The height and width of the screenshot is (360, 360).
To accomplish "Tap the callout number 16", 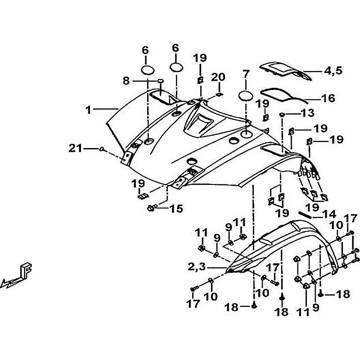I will tap(328, 98).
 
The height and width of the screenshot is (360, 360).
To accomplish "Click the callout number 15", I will tap(176, 208).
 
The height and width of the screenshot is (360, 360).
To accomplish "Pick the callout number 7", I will tap(246, 73).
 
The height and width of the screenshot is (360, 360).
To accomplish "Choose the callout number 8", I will tap(126, 81).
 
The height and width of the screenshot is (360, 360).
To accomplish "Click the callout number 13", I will tap(307, 112).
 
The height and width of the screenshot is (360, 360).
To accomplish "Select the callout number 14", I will tap(329, 214).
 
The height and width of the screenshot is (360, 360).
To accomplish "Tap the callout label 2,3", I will tap(198, 267).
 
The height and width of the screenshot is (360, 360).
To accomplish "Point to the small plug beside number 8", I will tap(160, 81).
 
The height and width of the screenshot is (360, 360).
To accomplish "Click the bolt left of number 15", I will tap(152, 208).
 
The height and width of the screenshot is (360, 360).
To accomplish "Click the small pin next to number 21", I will tap(103, 148).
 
